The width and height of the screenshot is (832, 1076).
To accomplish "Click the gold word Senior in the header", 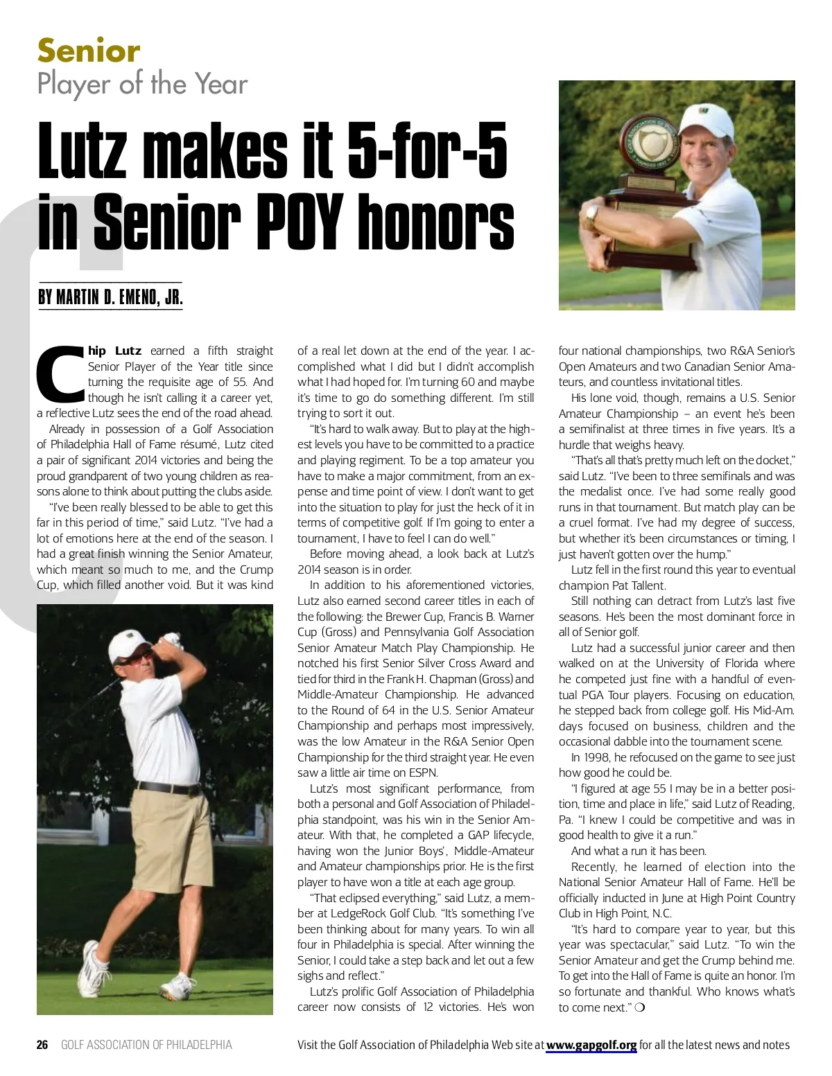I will coord(89,51).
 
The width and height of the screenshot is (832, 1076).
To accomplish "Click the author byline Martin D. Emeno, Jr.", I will coord(110,298).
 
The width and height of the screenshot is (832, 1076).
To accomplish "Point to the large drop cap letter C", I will coord(61,373).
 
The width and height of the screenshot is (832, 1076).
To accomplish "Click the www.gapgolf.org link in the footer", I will coord(591,1045).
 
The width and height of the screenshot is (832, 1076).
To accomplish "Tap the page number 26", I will coord(42,1045).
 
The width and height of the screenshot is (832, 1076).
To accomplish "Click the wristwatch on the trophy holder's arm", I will coord(591,215).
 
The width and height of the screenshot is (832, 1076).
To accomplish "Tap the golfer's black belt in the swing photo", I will coord(168,788).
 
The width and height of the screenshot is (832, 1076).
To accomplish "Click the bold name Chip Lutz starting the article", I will coord(115,351).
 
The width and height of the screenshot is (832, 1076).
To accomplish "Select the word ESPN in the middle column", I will coord(422,773).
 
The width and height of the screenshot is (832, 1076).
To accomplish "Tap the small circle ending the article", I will coord(639,1007).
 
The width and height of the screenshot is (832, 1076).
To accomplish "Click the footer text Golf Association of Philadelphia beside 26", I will coord(146,1045).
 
